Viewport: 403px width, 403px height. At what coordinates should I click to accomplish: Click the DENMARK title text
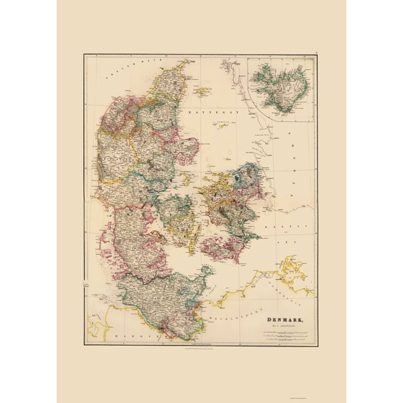point(285,321)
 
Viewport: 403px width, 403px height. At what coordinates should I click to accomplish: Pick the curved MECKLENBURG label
point(238,309)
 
